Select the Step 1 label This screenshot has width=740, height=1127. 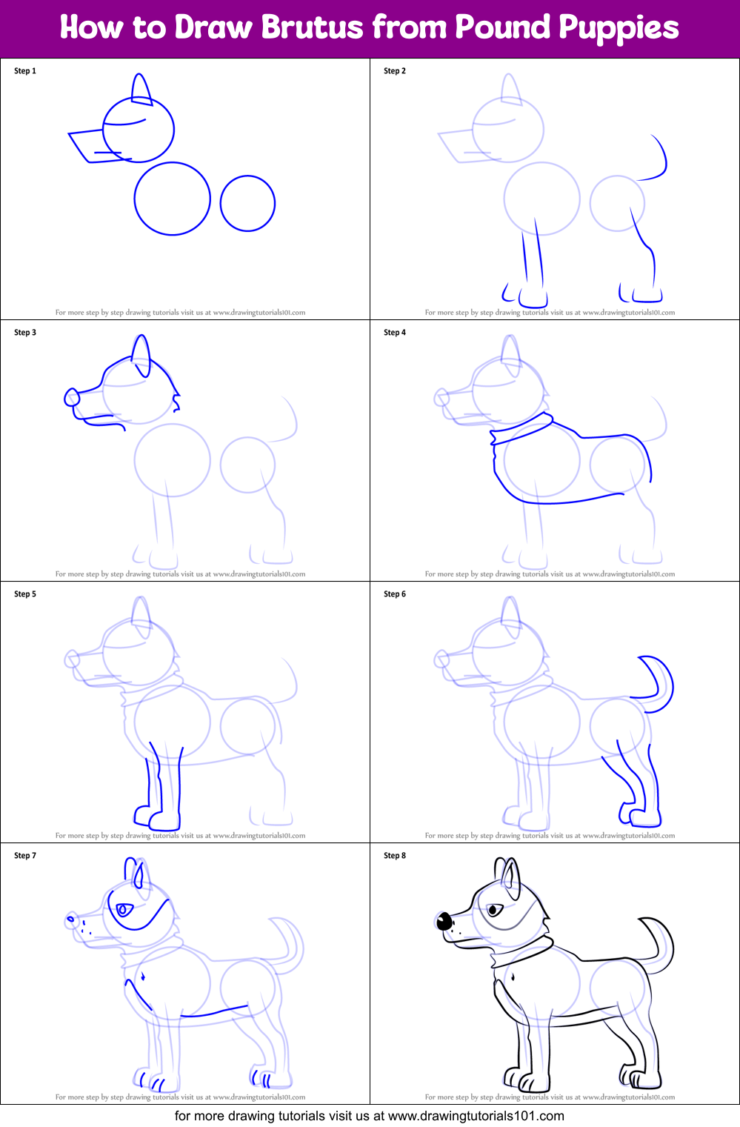click(x=25, y=71)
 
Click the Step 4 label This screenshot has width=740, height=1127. click(x=395, y=333)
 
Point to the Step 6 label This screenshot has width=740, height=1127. click(x=395, y=594)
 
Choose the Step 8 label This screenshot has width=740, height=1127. click(x=395, y=856)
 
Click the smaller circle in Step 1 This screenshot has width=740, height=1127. click(x=247, y=203)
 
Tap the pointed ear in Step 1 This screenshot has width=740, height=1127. click(x=141, y=89)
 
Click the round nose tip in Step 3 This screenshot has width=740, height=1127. click(x=72, y=398)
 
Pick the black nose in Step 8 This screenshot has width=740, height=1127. click(x=444, y=922)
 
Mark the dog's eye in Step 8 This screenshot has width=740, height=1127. click(x=493, y=909)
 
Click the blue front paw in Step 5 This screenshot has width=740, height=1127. click(x=164, y=820)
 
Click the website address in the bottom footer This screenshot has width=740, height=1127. click(x=476, y=1116)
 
